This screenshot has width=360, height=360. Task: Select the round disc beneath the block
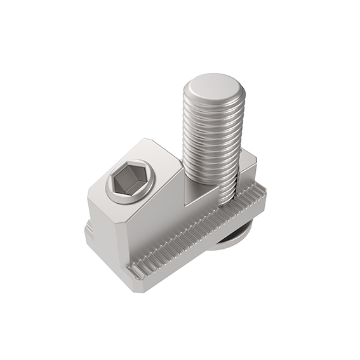(x=232, y=238)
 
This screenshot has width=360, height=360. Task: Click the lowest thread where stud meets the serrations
(x=229, y=197)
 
